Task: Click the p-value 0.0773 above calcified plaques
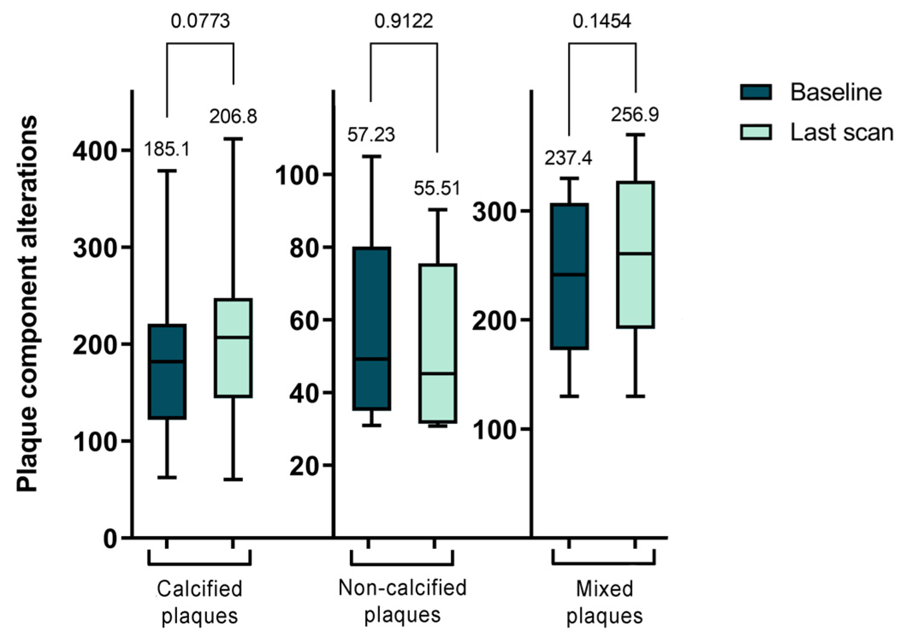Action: pos(200,21)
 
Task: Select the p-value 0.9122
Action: pos(403,21)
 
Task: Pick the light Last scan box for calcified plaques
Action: pos(233,348)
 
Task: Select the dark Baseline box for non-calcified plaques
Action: pos(372,328)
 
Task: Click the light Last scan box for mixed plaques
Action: pos(635,255)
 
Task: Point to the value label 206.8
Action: pos(233,116)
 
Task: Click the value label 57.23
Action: pos(371,135)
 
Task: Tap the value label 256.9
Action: pos(635,114)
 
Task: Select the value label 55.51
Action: pos(437,188)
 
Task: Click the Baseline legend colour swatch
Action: pos(756,92)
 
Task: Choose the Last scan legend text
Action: pos(841,133)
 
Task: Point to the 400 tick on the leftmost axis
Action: pos(95,151)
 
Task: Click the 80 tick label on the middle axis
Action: pos(305,248)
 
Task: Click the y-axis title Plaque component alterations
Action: pos(27,304)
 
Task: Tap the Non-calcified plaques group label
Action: pos(402,601)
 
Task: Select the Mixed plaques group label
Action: pos(604,602)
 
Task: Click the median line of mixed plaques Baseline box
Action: pos(569,275)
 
